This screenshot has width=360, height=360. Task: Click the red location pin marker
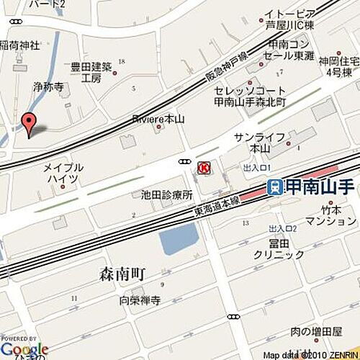(29, 124)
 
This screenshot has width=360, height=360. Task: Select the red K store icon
(204, 168)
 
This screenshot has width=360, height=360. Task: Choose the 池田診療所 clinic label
(166, 194)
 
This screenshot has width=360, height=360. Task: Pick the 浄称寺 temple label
(48, 86)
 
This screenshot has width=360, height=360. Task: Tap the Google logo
(24, 348)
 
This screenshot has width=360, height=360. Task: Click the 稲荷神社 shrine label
(19, 46)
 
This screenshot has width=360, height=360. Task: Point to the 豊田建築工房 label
(91, 73)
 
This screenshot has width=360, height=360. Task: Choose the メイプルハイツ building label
(65, 172)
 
